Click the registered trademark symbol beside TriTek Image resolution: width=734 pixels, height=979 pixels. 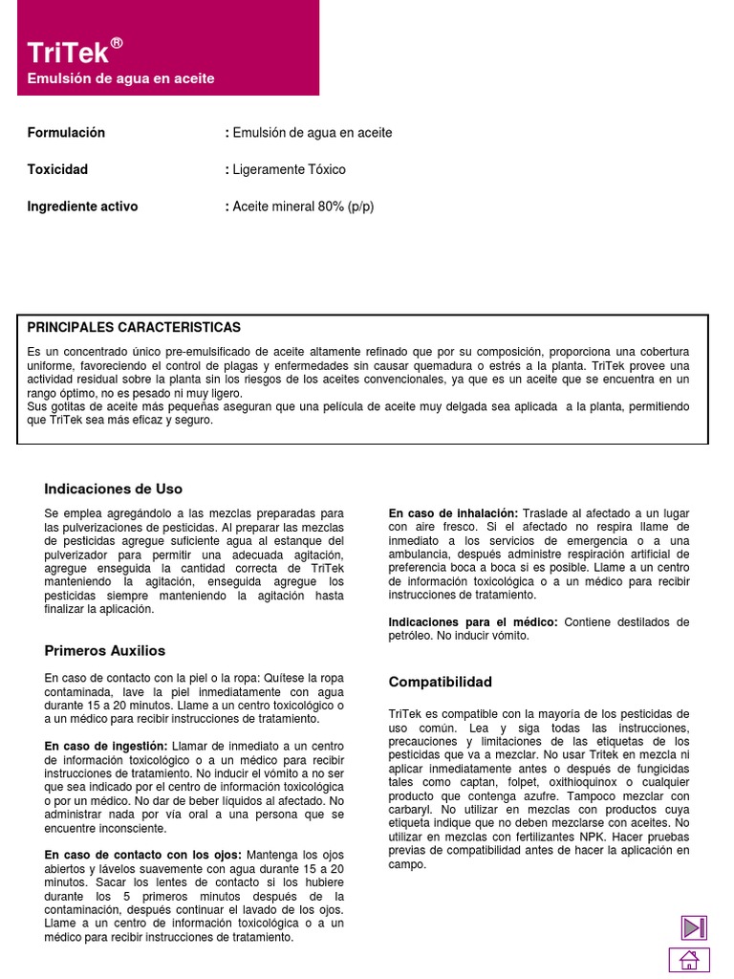click(x=117, y=43)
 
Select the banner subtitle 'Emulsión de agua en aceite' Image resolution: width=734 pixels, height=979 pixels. click(x=120, y=78)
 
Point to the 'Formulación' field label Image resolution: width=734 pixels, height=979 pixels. click(x=66, y=133)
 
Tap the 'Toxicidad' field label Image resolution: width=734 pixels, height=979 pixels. click(x=57, y=169)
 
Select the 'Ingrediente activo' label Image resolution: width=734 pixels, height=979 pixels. click(x=82, y=207)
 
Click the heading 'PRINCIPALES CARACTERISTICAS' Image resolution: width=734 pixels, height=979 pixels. click(x=134, y=328)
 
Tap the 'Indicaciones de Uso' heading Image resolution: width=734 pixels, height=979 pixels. click(x=113, y=489)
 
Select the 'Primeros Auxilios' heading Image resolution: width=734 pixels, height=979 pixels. click(x=105, y=651)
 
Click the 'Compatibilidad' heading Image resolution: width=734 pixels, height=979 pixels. click(x=440, y=682)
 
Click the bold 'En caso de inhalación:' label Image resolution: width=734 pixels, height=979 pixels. click(x=453, y=513)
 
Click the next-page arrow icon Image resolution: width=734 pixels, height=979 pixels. click(x=693, y=927)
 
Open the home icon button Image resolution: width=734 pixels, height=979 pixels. click(x=690, y=960)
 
